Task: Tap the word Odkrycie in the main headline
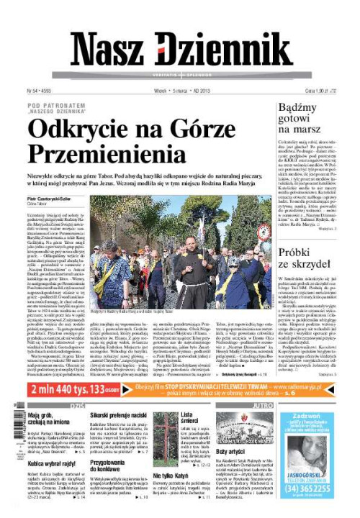pyautogui.click(x=84, y=130)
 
